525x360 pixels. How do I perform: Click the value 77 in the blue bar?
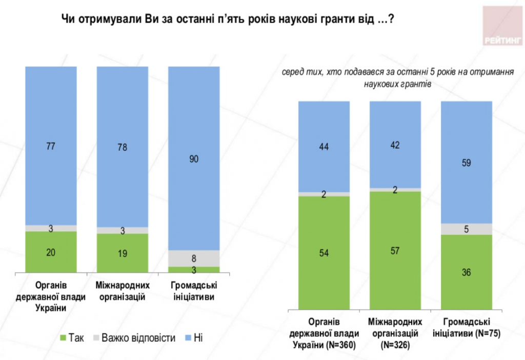point(51,146)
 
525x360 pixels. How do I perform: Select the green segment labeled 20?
point(51,252)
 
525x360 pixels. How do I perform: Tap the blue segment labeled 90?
point(194,158)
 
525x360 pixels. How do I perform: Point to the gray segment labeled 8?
point(194,258)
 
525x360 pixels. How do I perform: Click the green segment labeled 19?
point(123,253)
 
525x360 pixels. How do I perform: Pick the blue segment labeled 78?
point(123,147)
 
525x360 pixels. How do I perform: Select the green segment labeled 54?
point(324,253)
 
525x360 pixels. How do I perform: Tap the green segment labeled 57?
point(395,251)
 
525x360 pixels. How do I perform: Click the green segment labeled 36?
point(467,272)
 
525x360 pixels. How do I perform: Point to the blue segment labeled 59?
point(467,163)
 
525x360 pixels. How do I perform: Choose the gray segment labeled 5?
point(467,229)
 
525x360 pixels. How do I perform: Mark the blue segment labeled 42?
point(395,145)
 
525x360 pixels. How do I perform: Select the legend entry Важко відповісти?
point(134,338)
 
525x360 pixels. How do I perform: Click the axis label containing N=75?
point(467,328)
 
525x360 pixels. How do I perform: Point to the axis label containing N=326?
point(395,334)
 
